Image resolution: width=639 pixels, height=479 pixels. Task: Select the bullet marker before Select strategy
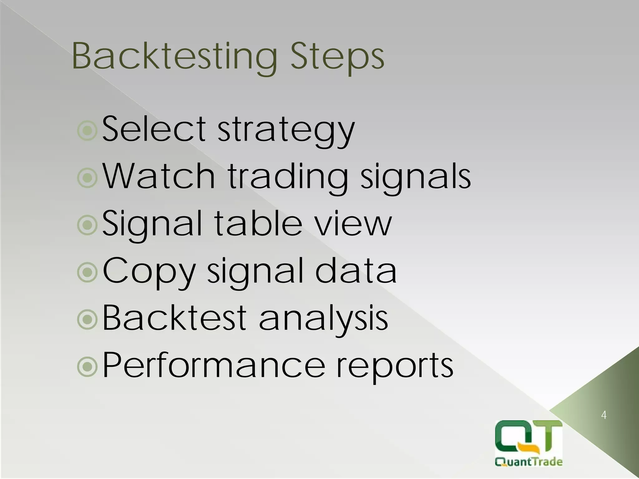(87, 131)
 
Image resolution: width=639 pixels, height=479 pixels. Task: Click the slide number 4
(603, 415)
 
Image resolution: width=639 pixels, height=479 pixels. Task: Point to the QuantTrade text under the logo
(529, 462)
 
